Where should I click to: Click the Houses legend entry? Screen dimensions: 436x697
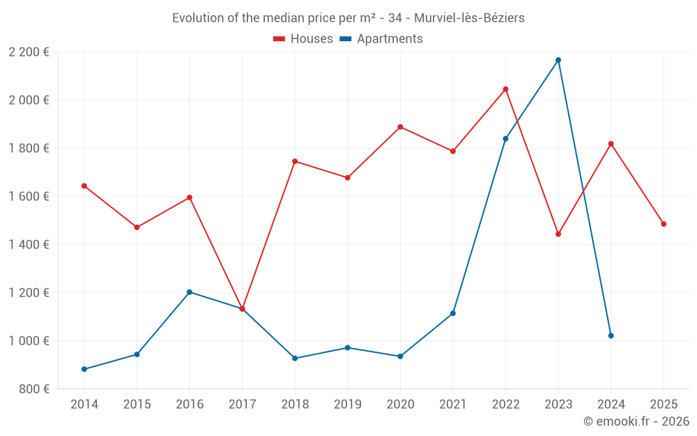[303, 39]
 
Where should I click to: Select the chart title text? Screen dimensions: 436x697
[348, 17]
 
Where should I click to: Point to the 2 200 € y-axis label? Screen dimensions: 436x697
[29, 52]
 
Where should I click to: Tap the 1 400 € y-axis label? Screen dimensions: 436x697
[29, 245]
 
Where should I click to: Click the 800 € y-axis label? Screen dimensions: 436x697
[34, 389]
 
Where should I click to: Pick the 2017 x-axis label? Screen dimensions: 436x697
[242, 405]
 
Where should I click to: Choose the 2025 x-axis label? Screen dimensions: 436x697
[664, 405]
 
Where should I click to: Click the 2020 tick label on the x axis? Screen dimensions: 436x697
[400, 405]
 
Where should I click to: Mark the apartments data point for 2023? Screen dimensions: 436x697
[558, 60]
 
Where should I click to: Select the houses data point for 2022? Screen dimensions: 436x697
[505, 89]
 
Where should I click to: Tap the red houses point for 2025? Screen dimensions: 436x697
[664, 224]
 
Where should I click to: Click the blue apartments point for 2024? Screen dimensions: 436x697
[611, 336]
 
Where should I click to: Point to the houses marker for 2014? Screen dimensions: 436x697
[84, 186]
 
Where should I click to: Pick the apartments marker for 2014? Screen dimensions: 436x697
[84, 369]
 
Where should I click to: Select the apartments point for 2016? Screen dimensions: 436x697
[190, 292]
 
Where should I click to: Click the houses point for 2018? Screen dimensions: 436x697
[295, 161]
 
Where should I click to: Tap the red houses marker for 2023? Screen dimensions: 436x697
[558, 234]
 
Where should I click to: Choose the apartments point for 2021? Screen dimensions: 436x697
[453, 313]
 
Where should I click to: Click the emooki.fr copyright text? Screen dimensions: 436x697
[636, 421]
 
